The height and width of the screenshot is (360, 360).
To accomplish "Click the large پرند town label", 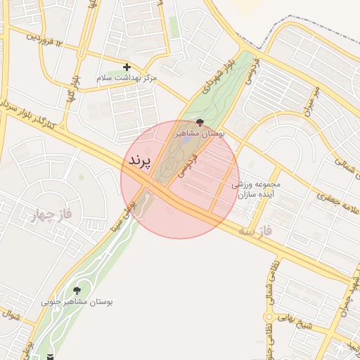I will [x=140, y=161].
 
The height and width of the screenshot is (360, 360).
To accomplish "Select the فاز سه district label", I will [x=255, y=230].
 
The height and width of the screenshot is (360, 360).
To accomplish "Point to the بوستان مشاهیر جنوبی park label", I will [x=77, y=302].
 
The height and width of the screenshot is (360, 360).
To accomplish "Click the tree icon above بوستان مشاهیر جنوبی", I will [x=77, y=290].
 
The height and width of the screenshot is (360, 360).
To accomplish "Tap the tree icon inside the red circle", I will [x=201, y=123].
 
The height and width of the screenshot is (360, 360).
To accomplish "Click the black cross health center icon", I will [x=127, y=67].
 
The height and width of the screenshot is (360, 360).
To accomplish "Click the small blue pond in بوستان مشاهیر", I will [x=186, y=139].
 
